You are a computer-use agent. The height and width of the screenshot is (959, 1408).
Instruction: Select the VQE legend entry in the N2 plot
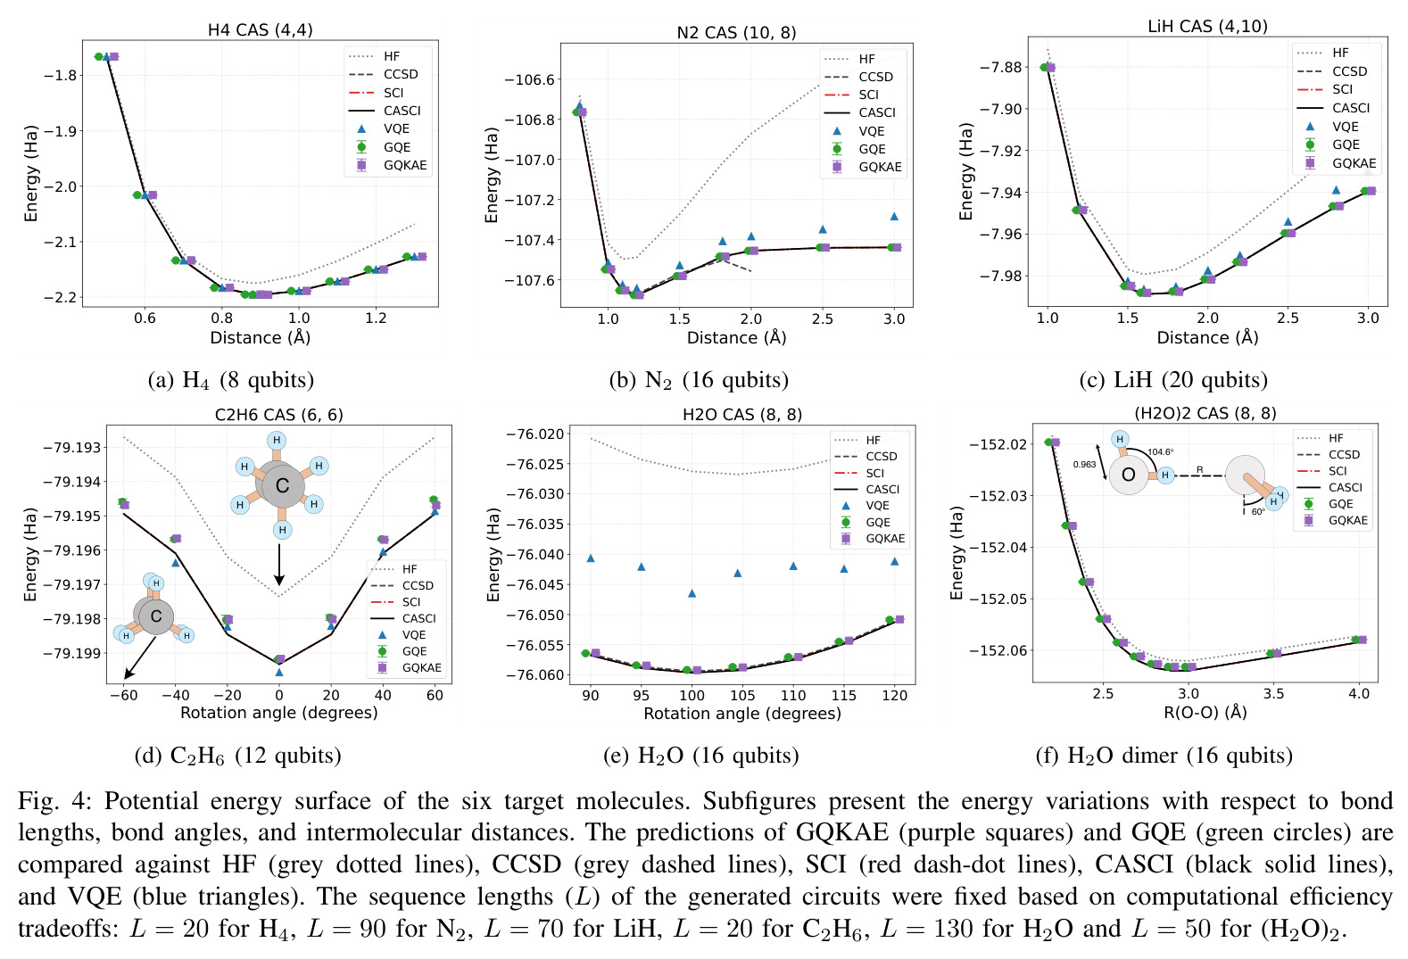860,131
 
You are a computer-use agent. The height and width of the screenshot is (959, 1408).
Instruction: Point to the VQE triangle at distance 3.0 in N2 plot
894,216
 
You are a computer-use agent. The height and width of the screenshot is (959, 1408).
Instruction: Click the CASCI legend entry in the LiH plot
1333,108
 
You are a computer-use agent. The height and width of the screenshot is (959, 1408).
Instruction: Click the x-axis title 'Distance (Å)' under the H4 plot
261,337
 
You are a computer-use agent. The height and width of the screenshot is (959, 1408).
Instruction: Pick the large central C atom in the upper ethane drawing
282,484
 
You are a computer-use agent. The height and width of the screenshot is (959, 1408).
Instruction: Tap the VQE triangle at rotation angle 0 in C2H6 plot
279,672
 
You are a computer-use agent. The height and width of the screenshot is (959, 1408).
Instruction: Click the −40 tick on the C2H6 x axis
176,695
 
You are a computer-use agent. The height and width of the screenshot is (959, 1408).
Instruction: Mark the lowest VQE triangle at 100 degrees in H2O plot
692,593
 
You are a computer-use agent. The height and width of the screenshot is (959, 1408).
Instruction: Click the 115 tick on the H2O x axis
843,696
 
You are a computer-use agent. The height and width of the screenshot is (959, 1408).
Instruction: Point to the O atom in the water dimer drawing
1129,474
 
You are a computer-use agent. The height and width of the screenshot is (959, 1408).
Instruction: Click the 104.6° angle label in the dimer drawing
1160,451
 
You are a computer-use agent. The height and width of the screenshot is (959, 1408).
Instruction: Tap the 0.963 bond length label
1084,465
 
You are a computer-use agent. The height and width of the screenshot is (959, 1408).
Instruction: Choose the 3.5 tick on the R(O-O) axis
1273,694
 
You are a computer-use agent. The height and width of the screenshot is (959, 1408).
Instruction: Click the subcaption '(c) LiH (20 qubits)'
1173,379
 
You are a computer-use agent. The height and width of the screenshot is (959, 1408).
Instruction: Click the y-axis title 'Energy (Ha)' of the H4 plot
31,174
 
